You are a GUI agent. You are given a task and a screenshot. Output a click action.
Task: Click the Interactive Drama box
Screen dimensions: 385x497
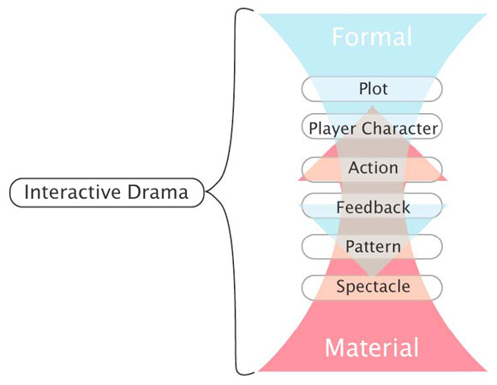point(106,192)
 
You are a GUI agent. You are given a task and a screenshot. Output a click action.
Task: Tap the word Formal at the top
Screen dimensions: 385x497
point(372,37)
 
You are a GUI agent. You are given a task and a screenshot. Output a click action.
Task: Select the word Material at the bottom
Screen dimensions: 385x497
point(371,348)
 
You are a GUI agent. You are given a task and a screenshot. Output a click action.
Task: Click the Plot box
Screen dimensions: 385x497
point(372,88)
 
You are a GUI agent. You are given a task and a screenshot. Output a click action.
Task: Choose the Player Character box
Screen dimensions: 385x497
point(372,129)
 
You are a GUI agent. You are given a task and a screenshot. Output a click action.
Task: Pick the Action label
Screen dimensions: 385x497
point(372,167)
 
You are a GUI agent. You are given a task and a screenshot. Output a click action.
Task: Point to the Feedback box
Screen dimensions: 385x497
point(372,208)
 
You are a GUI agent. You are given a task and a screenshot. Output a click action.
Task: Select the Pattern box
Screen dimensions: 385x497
point(372,247)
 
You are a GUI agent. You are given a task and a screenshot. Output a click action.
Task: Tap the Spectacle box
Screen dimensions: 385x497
point(372,286)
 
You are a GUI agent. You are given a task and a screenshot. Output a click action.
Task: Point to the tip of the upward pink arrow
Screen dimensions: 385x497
point(372,106)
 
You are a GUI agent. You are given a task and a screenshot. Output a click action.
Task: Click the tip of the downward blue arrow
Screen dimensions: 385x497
point(372,276)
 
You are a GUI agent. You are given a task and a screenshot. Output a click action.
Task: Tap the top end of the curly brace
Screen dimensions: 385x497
point(254,10)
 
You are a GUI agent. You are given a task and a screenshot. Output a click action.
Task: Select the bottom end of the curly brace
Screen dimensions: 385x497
point(254,374)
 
